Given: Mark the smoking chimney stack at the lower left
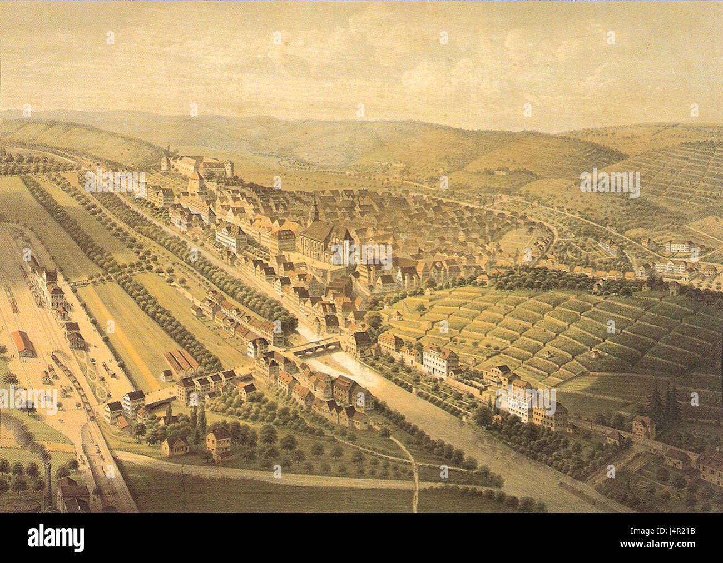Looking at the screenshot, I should click(x=49, y=478).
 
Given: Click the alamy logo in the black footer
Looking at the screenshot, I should click(x=56, y=538).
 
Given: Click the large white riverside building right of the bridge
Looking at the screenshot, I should click(x=439, y=360).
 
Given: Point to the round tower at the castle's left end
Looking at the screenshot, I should click(x=164, y=163).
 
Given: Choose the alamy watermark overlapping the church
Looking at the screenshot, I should click(x=361, y=253).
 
